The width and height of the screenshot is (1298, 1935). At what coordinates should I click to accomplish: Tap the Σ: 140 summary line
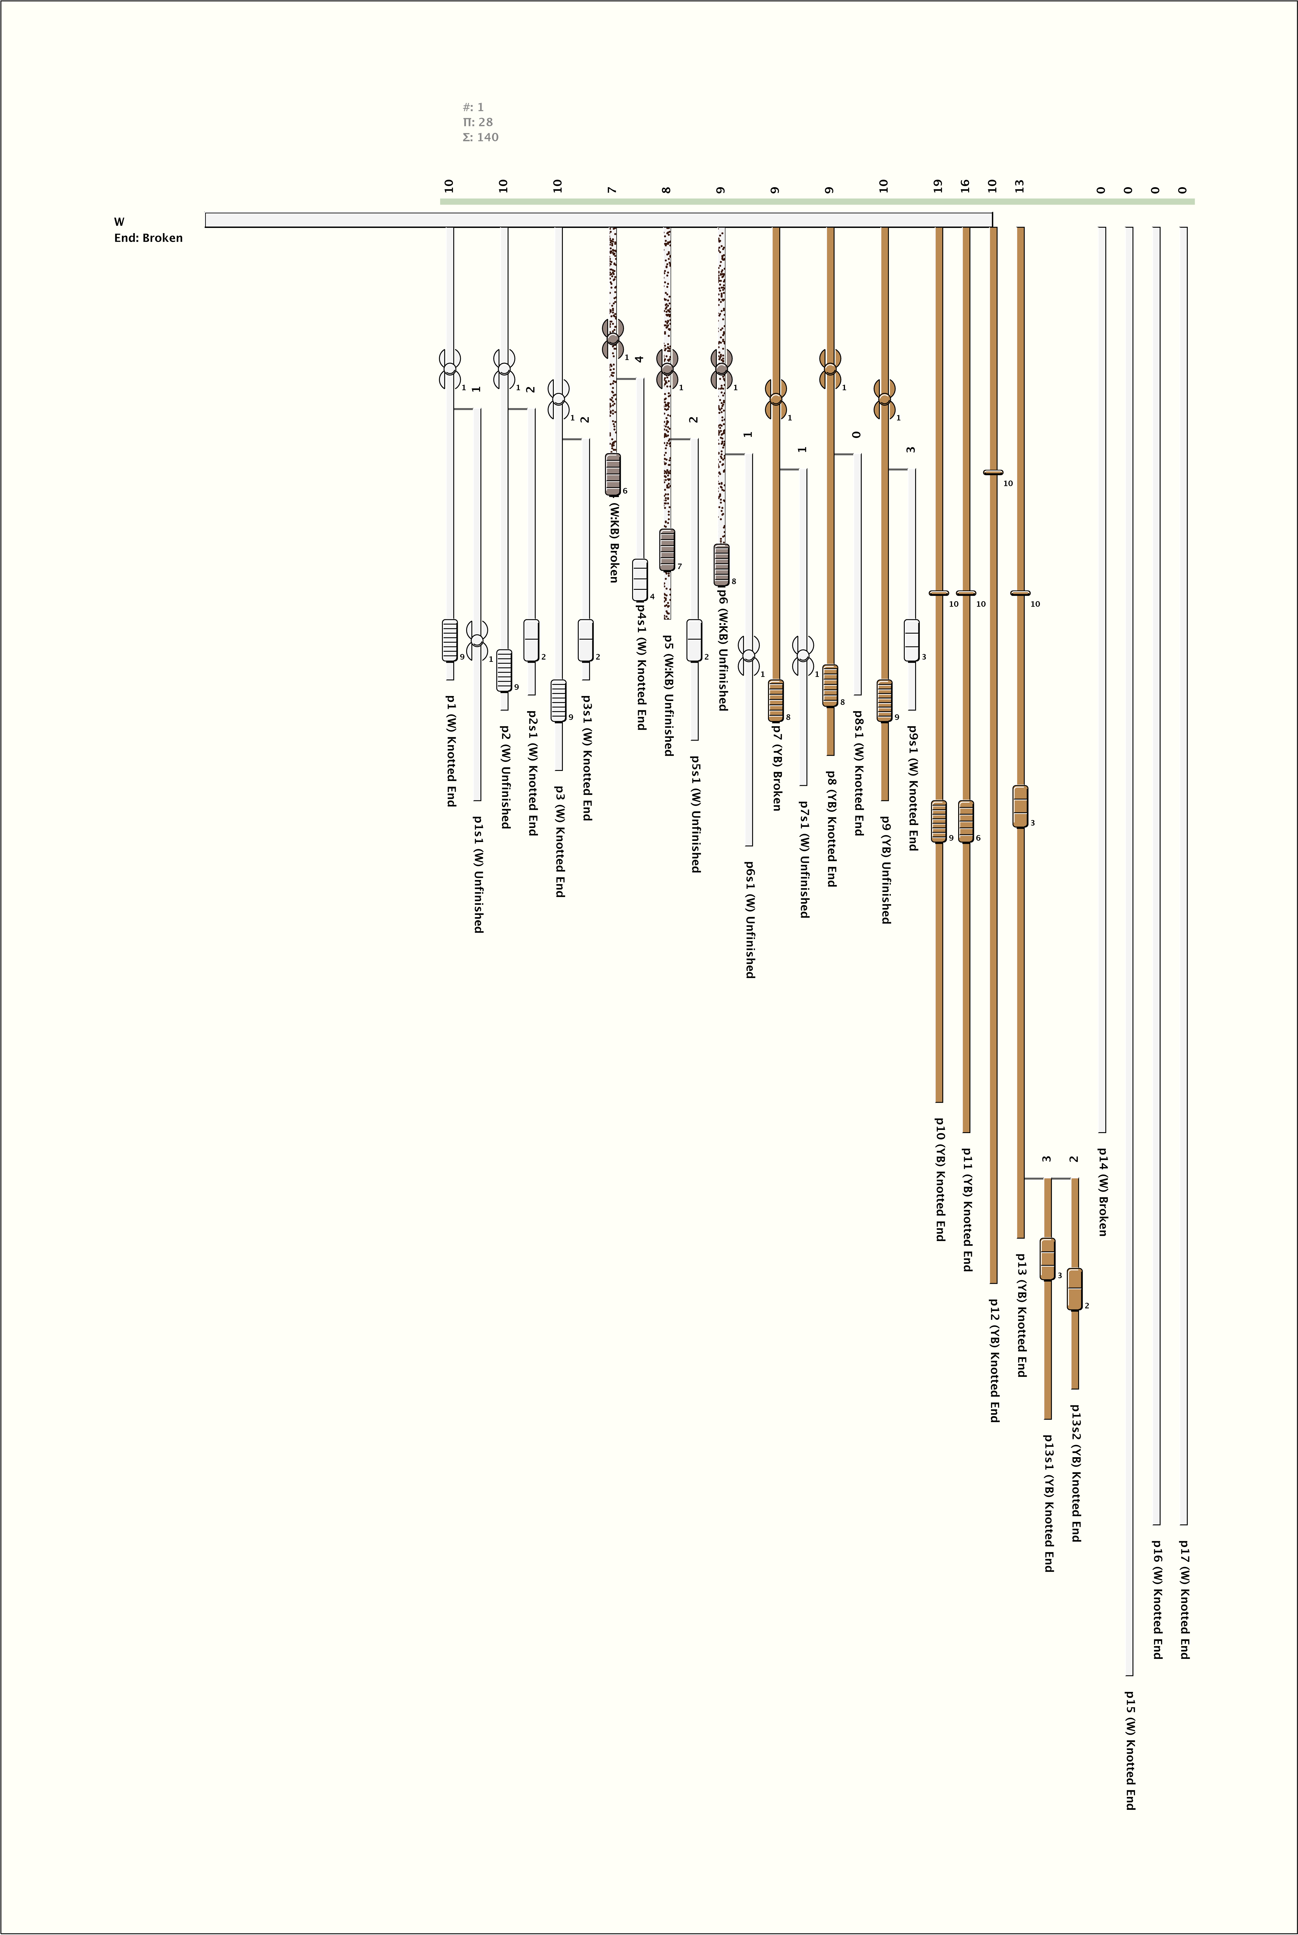480,137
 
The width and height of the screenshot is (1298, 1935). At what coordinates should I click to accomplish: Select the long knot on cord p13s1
1047,1259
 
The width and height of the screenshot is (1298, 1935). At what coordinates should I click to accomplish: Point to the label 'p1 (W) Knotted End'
451,750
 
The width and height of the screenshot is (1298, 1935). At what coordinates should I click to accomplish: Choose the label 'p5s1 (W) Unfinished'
695,813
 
